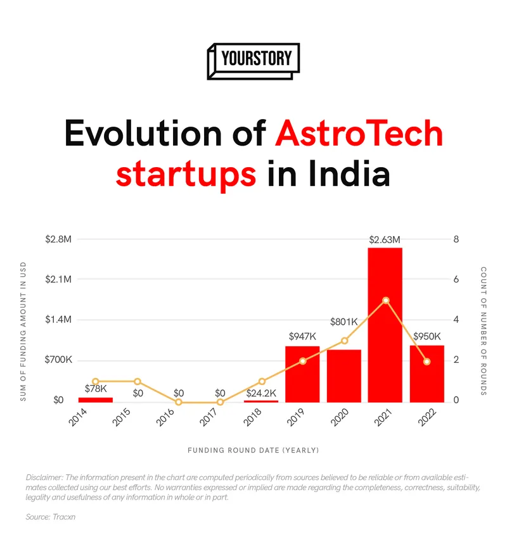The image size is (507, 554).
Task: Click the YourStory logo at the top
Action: (x=253, y=61)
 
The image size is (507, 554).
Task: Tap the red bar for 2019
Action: (x=302, y=374)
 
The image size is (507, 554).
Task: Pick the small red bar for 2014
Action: (x=96, y=400)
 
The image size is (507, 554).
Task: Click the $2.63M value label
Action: (x=385, y=239)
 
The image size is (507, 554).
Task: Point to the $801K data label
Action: (x=344, y=322)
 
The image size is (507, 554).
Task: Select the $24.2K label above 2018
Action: (x=261, y=393)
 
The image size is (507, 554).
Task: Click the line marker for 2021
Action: (x=386, y=300)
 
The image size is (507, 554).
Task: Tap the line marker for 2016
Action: (x=179, y=402)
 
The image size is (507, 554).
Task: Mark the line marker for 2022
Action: (x=427, y=362)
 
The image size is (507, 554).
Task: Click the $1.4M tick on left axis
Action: (x=58, y=320)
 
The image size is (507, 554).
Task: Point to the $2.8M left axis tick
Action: (x=58, y=239)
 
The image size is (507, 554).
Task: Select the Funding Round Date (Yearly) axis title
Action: (x=253, y=451)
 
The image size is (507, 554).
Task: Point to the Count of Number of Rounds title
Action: (x=484, y=331)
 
